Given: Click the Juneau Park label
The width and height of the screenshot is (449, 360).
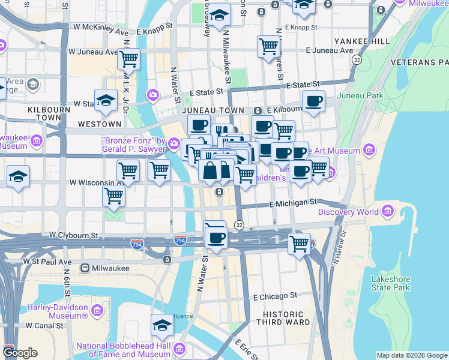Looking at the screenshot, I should (360, 95).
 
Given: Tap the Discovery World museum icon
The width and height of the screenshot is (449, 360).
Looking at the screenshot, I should (388, 211).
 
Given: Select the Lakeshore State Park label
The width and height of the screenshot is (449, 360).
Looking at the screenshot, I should (391, 283).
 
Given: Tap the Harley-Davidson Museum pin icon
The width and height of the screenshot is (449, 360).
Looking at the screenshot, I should (97, 310).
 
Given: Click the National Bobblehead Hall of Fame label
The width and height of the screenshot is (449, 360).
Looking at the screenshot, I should (123, 350).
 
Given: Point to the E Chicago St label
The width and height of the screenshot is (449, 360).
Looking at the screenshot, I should (275, 296).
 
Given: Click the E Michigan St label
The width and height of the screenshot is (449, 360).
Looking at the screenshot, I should (293, 204).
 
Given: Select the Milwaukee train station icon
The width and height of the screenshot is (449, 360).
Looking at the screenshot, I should (85, 268).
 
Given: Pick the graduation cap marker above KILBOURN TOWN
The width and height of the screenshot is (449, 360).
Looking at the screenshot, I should (106, 100).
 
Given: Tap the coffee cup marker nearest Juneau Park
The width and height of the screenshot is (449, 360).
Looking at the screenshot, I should (313, 101).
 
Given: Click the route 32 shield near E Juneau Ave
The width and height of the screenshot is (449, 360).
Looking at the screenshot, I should (357, 61).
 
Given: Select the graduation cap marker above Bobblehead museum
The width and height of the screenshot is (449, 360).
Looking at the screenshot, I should (162, 325).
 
